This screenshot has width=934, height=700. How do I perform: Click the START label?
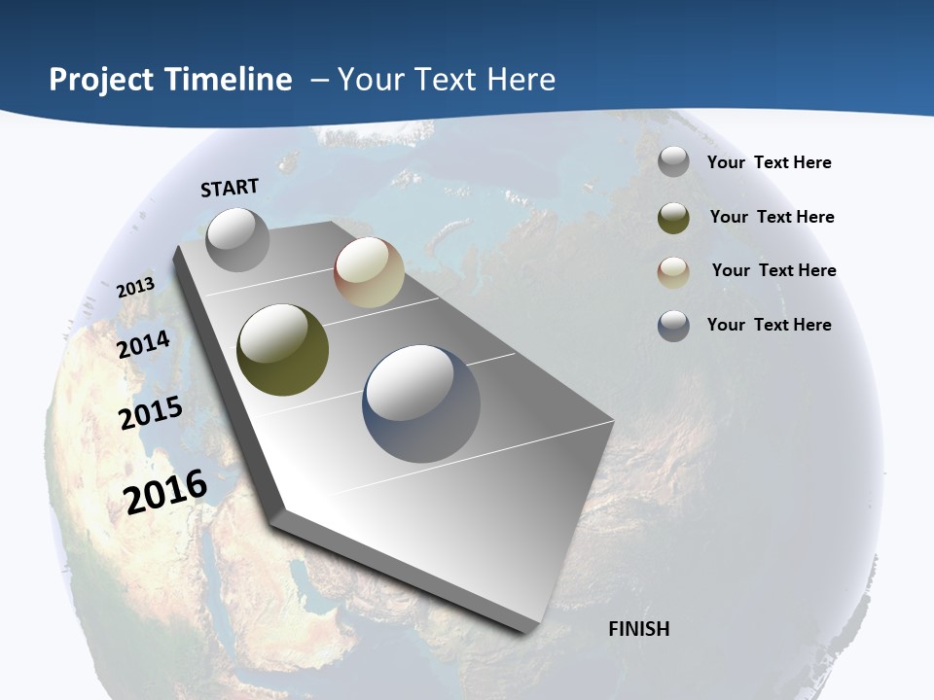[230, 188]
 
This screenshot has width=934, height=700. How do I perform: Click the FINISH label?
[639, 629]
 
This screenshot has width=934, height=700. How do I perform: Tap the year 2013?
[135, 288]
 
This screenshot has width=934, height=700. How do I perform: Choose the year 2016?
[165, 492]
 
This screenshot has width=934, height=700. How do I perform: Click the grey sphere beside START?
[237, 239]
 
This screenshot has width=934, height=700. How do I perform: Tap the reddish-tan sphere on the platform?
[370, 272]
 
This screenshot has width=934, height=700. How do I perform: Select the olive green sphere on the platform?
[282, 350]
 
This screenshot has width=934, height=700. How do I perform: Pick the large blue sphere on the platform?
[422, 403]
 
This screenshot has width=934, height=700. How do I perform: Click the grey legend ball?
[673, 161]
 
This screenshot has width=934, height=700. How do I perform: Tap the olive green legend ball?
[673, 218]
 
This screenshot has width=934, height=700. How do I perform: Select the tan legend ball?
[673, 272]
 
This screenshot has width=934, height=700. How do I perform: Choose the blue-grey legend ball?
[673, 326]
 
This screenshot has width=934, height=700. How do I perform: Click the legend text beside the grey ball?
[769, 162]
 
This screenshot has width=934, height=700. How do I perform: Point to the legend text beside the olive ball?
[772, 217]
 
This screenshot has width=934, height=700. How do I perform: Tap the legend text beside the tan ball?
[773, 270]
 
